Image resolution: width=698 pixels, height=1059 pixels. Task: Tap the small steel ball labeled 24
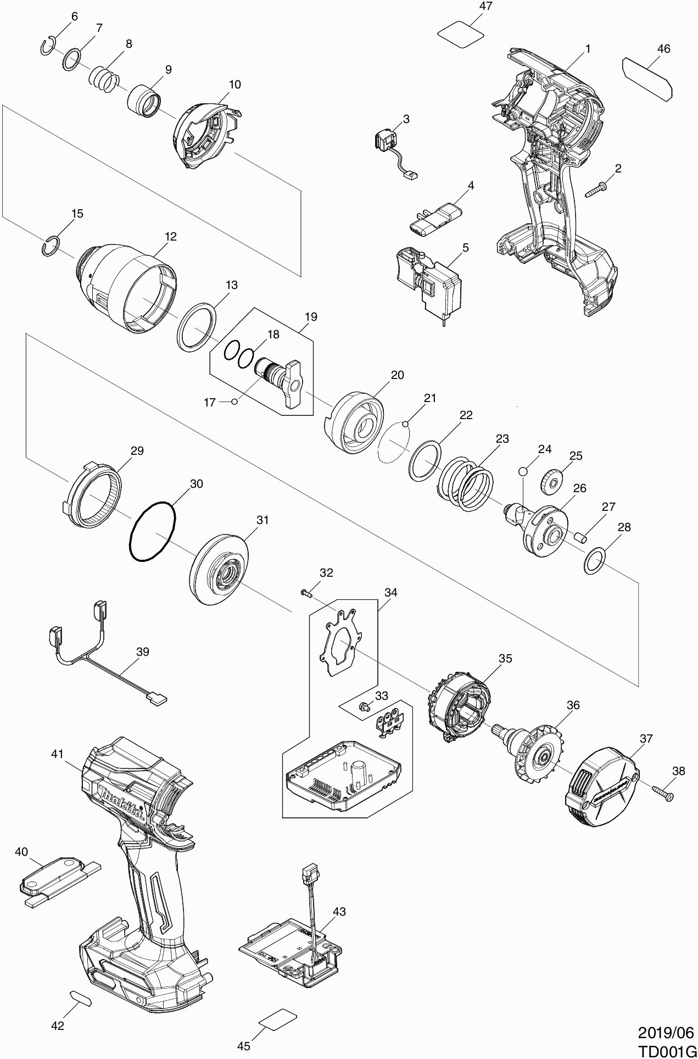click(x=523, y=471)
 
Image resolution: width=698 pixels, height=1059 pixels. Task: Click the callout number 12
click(x=171, y=237)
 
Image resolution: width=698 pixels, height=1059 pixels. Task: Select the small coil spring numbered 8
click(x=104, y=77)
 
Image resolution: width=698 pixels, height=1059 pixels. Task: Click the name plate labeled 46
click(x=647, y=78)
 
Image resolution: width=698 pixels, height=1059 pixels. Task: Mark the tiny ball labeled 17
click(x=234, y=402)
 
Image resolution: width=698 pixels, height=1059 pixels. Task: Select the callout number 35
click(x=505, y=658)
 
